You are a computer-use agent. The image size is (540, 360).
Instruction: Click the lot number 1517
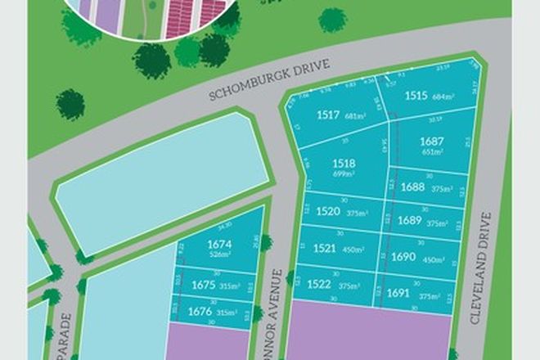327,115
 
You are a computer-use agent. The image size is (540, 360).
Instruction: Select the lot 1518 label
344,164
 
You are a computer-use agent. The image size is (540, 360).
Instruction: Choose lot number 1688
412,187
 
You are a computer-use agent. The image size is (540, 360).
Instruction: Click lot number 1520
327,210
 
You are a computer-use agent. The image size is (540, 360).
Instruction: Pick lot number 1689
410,221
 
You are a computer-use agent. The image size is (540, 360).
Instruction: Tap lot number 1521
326,246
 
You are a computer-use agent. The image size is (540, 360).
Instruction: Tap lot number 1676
200,311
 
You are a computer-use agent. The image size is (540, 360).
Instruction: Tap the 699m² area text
344,174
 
